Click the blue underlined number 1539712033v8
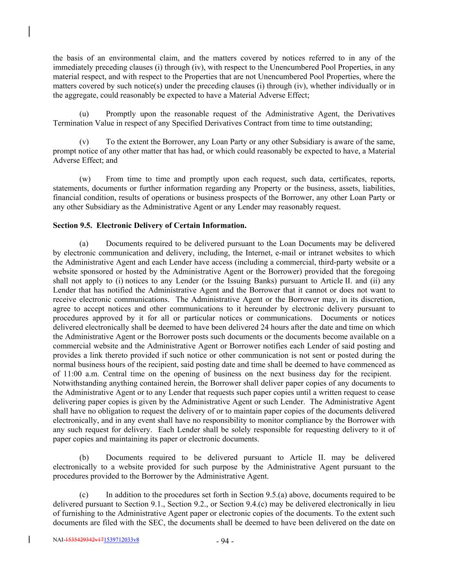(x=121, y=540)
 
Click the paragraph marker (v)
(x=84, y=142)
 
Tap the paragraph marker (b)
(x=84, y=457)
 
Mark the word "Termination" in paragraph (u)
(x=72, y=123)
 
